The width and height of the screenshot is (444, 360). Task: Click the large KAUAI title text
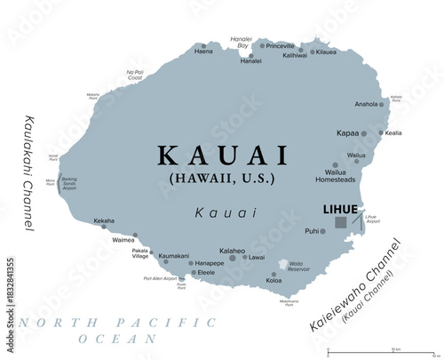tap(223, 156)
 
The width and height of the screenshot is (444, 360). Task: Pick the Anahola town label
tap(366, 104)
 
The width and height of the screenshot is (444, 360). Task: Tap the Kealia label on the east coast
tap(393, 133)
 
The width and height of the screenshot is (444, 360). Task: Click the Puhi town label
tap(312, 231)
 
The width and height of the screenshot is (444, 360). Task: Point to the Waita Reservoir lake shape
tap(284, 266)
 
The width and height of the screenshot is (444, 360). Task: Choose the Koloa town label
tap(274, 281)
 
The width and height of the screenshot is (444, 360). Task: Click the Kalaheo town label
tap(233, 251)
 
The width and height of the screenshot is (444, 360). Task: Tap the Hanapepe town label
tap(210, 263)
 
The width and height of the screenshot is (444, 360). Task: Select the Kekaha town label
tap(104, 221)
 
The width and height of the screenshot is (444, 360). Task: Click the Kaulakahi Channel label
tap(28, 172)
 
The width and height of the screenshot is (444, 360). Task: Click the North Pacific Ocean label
tap(89, 330)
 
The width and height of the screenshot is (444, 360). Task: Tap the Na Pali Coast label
tap(136, 75)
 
